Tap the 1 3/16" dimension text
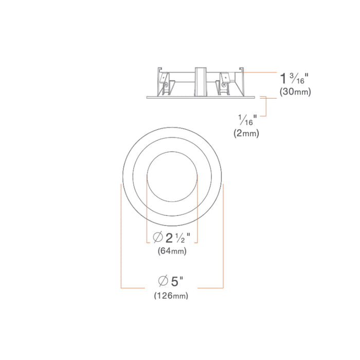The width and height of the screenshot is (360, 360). tap(294, 79)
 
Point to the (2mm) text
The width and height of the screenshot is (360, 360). tap(246, 133)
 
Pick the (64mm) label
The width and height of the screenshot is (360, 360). tap(172, 251)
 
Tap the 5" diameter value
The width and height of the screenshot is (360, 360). tap(177, 281)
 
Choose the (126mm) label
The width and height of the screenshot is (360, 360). tap(171, 295)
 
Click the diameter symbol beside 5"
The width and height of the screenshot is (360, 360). tap(163, 281)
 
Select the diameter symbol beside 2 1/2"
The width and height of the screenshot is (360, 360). tap(158, 238)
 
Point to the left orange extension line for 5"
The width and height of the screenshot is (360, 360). tap(121, 237)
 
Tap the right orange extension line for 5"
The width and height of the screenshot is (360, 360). tap(223, 237)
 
